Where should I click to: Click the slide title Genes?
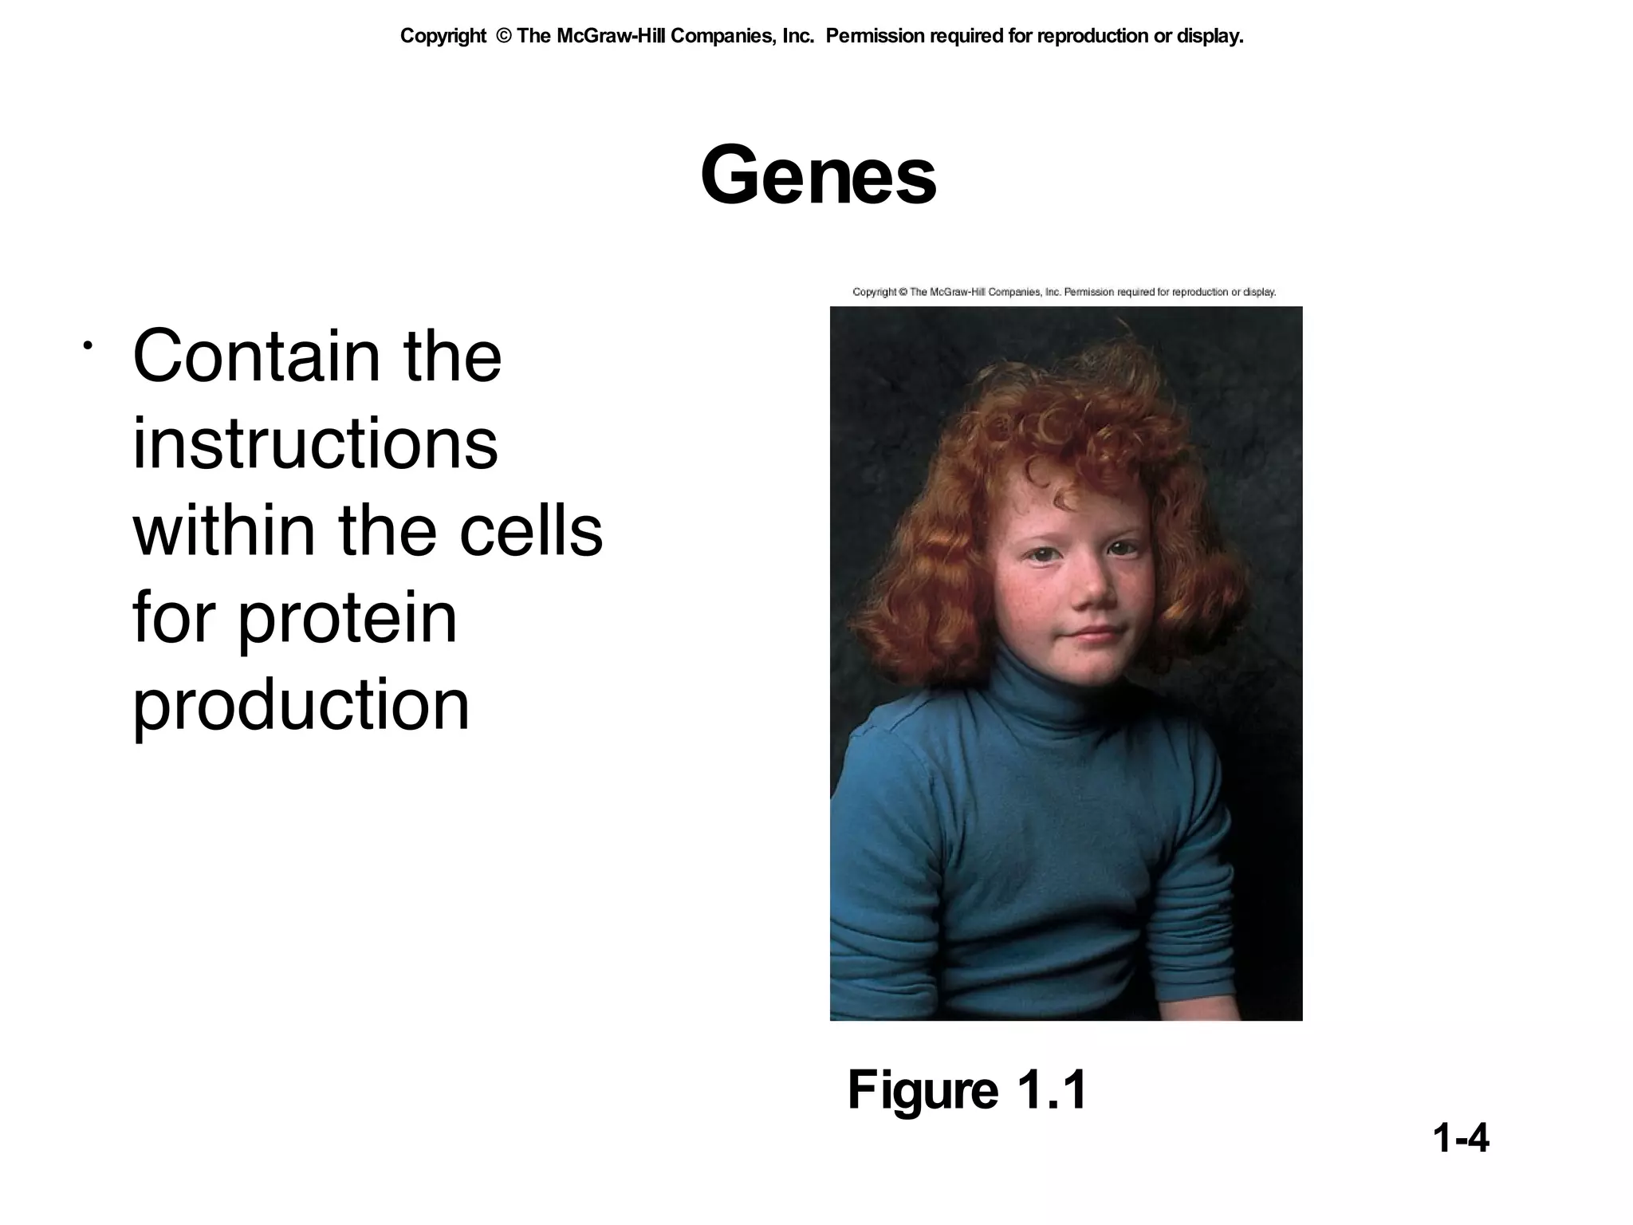coord(818,175)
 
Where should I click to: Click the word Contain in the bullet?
coord(256,356)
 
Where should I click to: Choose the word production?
coord(301,705)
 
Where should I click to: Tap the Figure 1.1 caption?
coord(967,1090)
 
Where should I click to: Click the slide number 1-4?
coord(1460,1138)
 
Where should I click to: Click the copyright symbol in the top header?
coord(503,36)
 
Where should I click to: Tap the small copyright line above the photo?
coord(1064,292)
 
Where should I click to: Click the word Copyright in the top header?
coord(443,36)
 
